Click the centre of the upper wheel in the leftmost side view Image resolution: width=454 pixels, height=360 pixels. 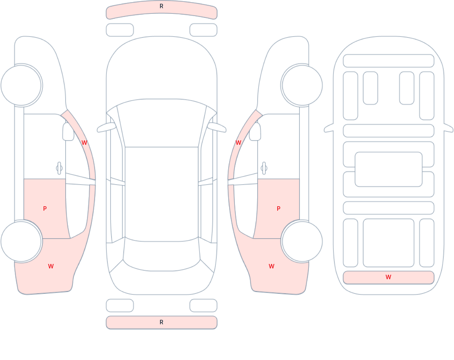click(x=21, y=85)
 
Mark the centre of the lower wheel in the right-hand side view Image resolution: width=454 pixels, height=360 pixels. click(x=302, y=241)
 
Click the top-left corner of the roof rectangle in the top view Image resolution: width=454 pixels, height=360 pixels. click(x=125, y=147)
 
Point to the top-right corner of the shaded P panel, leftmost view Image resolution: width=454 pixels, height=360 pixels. click(x=65, y=179)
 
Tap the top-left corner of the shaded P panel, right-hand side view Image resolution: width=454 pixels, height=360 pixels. click(x=258, y=179)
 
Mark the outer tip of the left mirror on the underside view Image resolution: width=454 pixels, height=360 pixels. click(x=324, y=130)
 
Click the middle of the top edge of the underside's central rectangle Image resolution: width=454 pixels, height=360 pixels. click(x=389, y=152)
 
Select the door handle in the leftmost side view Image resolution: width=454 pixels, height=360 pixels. click(x=59, y=168)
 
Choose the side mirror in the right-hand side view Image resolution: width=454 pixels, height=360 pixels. click(x=255, y=131)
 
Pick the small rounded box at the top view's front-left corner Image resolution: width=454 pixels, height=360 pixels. click(x=120, y=30)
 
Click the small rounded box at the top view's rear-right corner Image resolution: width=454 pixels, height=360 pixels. click(x=204, y=305)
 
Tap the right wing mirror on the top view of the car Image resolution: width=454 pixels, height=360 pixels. click(x=217, y=127)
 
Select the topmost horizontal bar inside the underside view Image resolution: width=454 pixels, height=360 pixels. click(x=389, y=61)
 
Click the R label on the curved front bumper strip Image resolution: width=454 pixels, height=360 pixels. click(x=162, y=6)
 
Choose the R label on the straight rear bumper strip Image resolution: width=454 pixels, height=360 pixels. click(x=162, y=322)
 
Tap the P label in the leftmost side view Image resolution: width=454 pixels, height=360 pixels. click(x=45, y=208)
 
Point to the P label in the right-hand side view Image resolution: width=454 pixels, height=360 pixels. click(x=278, y=208)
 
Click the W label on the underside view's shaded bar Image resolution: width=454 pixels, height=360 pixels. click(x=389, y=277)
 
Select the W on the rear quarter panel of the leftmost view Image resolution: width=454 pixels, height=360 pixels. click(x=51, y=266)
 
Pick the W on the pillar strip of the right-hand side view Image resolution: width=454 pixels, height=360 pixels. click(x=239, y=143)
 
